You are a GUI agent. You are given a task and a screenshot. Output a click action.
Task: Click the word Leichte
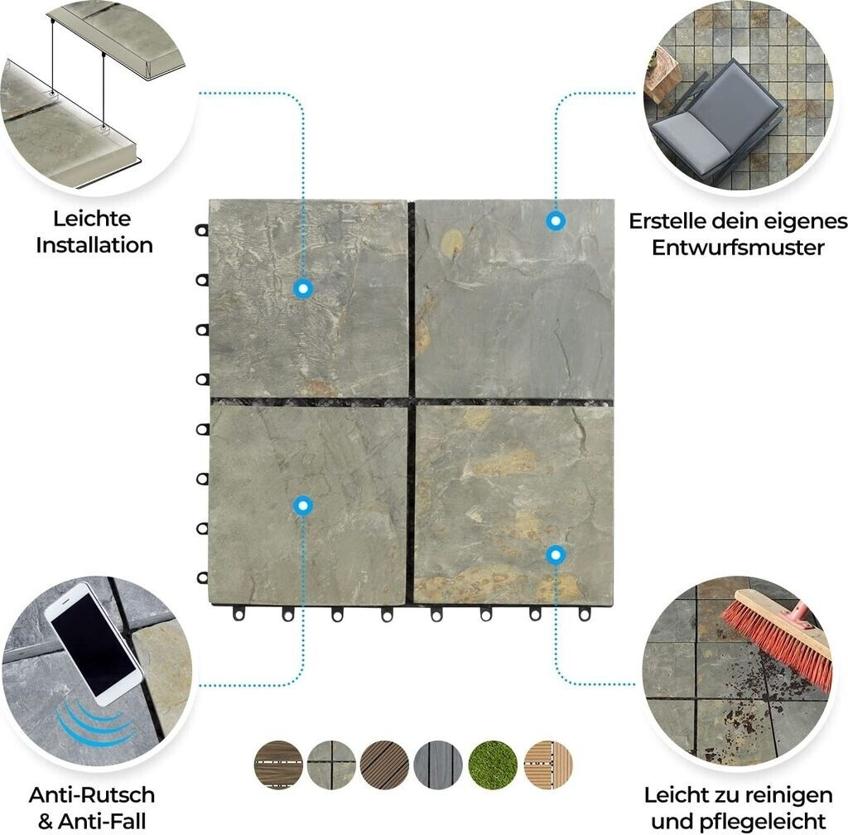(92, 219)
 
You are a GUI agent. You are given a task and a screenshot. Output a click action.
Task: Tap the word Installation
(94, 245)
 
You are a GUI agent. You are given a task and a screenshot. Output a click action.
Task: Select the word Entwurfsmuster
(738, 248)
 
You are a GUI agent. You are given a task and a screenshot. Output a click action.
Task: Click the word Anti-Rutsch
(92, 795)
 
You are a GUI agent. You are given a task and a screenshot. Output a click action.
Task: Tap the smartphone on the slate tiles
(94, 643)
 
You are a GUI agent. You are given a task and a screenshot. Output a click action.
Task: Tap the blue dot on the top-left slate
(303, 289)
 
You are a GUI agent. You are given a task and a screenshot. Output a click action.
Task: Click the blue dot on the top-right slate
(556, 220)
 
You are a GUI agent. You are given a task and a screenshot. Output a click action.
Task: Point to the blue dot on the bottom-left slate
(303, 506)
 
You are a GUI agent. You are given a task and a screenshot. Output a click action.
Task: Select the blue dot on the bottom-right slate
(556, 555)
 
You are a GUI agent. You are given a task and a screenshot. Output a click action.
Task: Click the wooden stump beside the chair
(662, 75)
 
